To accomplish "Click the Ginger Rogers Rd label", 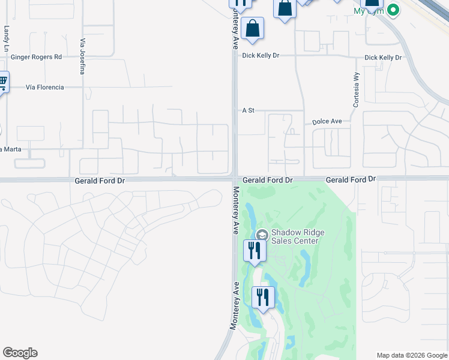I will tap(36, 57).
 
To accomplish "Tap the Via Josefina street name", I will tap(82, 56).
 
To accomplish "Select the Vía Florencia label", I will tap(44, 87).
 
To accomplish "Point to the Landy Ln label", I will tap(7, 37).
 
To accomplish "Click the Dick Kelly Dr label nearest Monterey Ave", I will tap(261, 55).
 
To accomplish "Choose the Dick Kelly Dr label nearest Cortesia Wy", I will tap(383, 58).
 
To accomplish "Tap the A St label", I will tap(249, 110).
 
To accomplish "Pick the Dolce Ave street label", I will tap(327, 122).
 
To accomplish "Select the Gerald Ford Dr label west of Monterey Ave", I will tap(100, 180).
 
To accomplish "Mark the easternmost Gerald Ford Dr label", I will tap(351, 179).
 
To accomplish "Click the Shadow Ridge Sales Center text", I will tap(294, 237).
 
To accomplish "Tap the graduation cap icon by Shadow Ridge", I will tap(262, 234).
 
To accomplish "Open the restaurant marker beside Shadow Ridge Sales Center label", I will tap(254, 250).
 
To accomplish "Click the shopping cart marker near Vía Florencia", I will tap(2, 81).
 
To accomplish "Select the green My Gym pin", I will tap(393, 10).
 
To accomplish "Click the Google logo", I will tap(20, 353).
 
